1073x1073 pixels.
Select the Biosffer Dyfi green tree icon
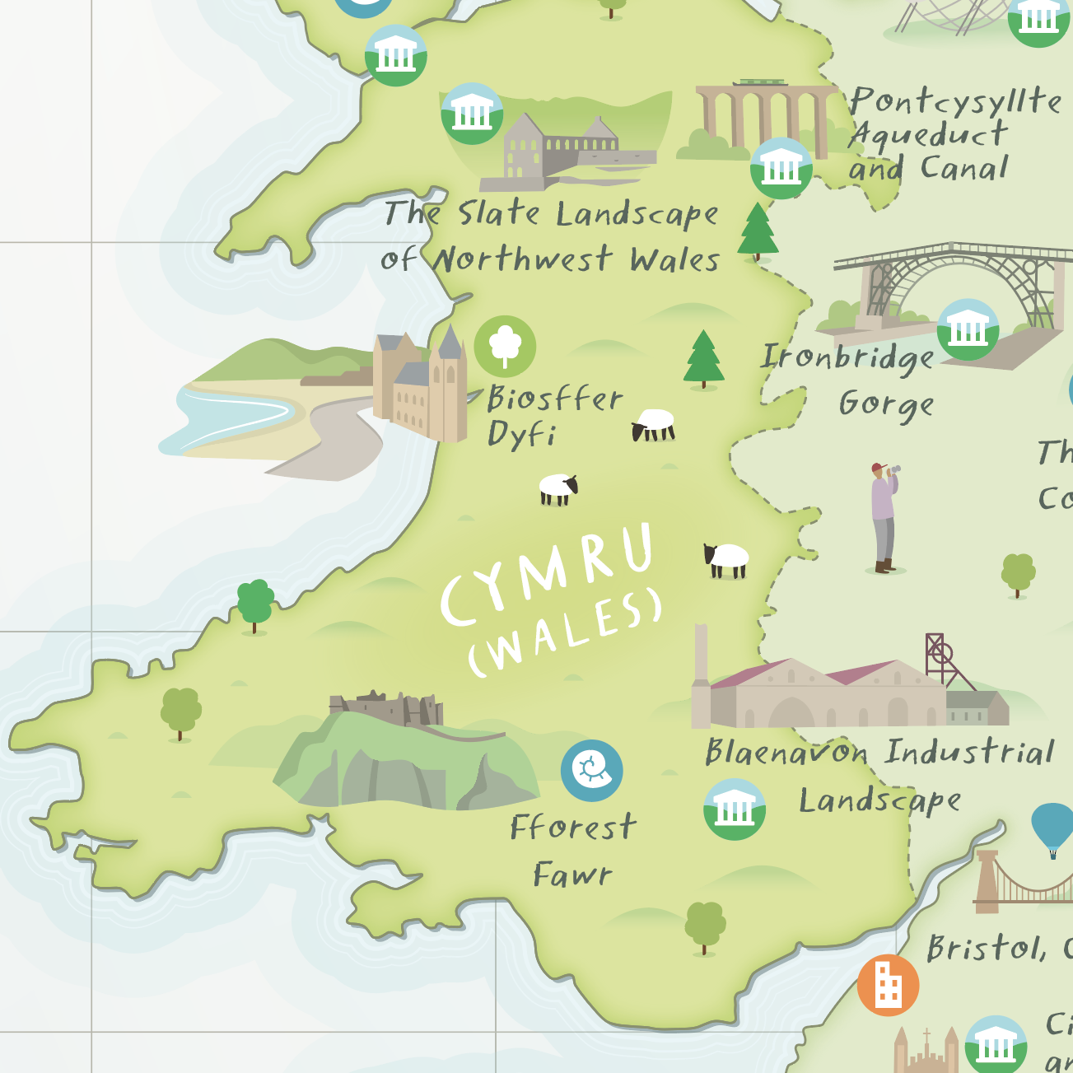click(x=505, y=346)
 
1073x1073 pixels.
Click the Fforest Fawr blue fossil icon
click(x=591, y=771)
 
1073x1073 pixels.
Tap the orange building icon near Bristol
click(x=888, y=985)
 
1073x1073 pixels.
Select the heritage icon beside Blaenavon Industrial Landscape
click(x=735, y=809)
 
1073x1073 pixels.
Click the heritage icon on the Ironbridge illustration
click(x=968, y=329)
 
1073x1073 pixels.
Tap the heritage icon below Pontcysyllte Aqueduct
click(x=781, y=169)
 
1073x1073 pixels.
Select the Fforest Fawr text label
click(x=573, y=850)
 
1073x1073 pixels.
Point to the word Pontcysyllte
click(x=955, y=101)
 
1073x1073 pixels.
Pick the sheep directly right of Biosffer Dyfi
click(x=654, y=424)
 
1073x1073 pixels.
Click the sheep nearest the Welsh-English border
click(x=726, y=560)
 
